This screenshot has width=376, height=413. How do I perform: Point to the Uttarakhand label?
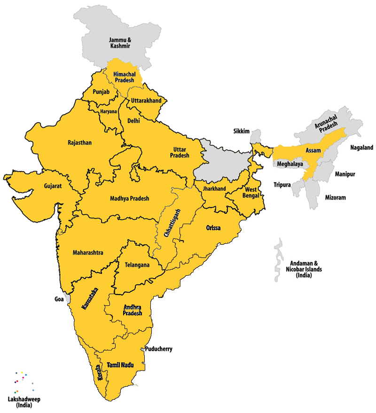click(146, 101)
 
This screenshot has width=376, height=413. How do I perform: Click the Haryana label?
click(109, 111)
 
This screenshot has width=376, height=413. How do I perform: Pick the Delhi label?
click(133, 121)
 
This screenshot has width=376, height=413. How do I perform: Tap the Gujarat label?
click(53, 186)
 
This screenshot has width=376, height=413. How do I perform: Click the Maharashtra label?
click(88, 252)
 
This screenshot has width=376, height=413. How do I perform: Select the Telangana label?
click(137, 265)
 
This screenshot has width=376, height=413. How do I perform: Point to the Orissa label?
click(214, 228)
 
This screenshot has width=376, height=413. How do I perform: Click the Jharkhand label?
click(214, 188)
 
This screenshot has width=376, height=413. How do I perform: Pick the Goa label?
click(58, 298)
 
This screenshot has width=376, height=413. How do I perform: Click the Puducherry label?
click(159, 349)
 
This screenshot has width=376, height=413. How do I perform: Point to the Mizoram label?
click(335, 198)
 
